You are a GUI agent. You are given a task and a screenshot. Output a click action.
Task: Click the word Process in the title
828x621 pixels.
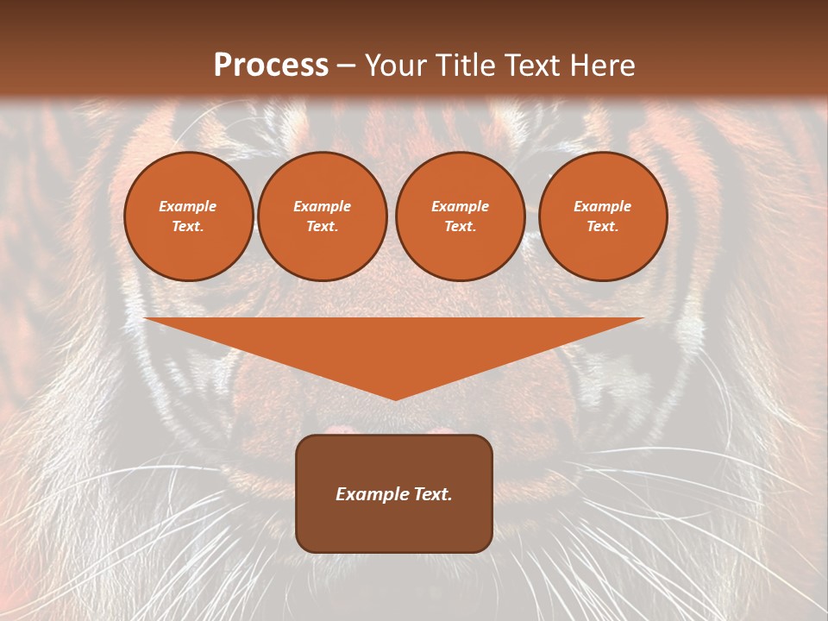click(x=271, y=66)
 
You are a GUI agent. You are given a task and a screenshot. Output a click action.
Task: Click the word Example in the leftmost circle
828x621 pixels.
click(x=188, y=206)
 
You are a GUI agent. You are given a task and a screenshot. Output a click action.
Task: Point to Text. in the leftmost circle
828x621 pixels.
click(x=188, y=227)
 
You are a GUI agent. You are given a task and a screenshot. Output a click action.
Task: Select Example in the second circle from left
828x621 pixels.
click(x=322, y=206)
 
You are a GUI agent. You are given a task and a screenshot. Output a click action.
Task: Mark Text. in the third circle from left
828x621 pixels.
click(x=460, y=227)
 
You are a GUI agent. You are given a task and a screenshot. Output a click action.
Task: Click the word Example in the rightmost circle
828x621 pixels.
click(x=602, y=206)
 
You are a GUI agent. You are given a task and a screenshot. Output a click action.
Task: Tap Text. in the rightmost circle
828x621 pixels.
click(x=602, y=227)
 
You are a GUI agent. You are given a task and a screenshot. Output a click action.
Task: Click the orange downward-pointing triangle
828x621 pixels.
click(x=394, y=345)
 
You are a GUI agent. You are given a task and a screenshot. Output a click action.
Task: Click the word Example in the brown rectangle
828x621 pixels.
click(x=371, y=494)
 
